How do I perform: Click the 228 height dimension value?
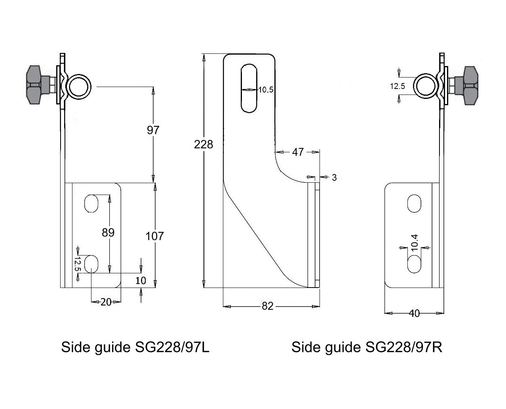click(x=203, y=145)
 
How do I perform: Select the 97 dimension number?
click(x=153, y=130)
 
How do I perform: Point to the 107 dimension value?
click(x=154, y=236)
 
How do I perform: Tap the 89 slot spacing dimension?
click(x=108, y=233)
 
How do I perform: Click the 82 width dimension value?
click(x=268, y=306)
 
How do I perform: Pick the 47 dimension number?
click(x=298, y=152)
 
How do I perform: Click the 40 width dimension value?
click(x=414, y=313)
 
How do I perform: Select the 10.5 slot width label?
click(x=266, y=90)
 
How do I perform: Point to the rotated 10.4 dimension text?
click(x=414, y=242)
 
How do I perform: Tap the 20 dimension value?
click(x=106, y=302)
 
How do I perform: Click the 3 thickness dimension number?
click(x=334, y=178)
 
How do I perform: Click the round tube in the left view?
click(x=79, y=86)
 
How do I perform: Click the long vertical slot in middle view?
click(x=249, y=88)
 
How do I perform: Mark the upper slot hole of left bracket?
click(x=91, y=203)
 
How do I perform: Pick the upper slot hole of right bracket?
click(x=414, y=203)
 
